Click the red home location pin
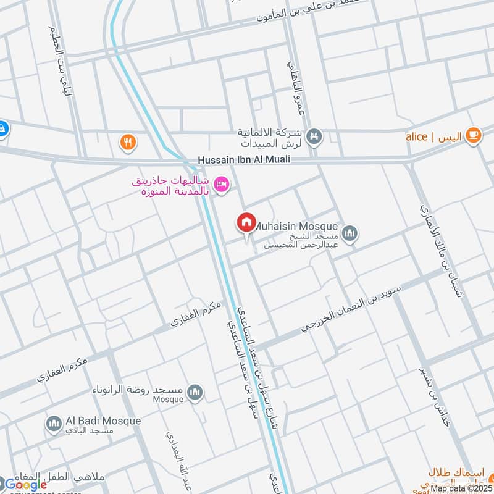click(x=246, y=222)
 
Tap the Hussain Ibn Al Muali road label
click(x=244, y=160)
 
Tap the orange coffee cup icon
click(x=473, y=135)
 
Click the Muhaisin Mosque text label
click(x=296, y=226)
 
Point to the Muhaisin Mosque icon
click(x=350, y=234)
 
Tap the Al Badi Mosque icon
click(x=54, y=424)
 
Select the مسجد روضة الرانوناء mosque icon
click(x=196, y=393)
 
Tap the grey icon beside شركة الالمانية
click(x=314, y=136)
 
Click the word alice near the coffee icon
click(x=417, y=136)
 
